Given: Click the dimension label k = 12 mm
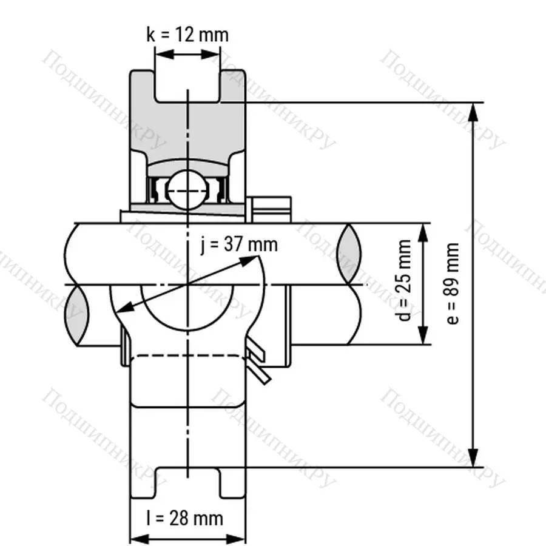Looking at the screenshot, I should click(x=187, y=35).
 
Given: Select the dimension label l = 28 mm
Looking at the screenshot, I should click(x=185, y=518).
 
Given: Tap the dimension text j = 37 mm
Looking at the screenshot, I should click(x=239, y=244).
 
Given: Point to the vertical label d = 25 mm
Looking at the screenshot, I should click(x=404, y=280).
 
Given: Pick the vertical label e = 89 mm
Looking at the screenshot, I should click(x=453, y=284).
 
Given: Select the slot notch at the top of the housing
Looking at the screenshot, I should click(x=187, y=85).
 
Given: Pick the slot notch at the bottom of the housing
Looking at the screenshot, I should click(x=187, y=482).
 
